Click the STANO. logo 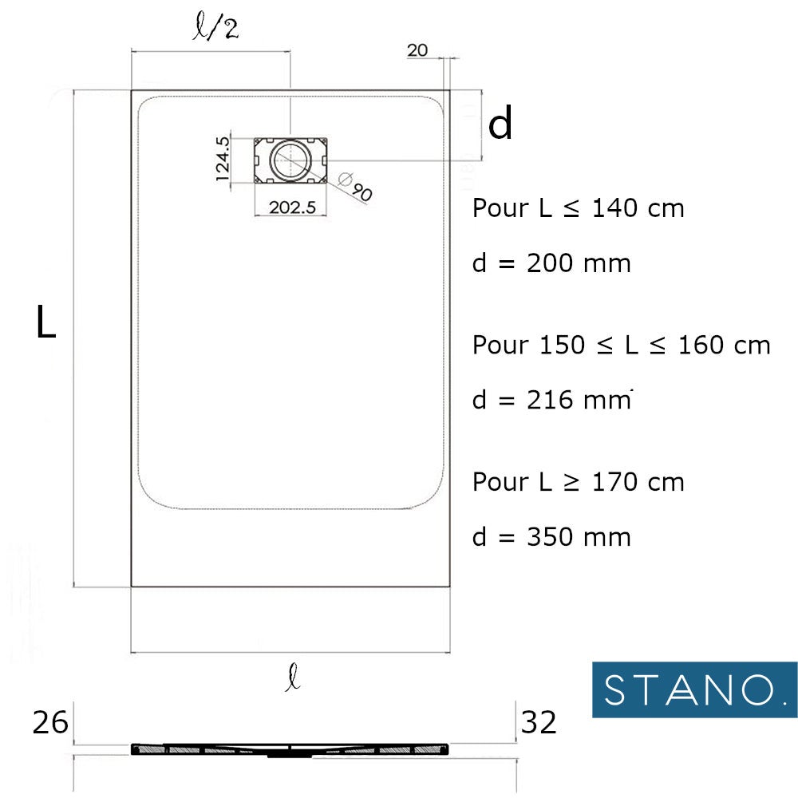(693, 689)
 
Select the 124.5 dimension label (223, 160)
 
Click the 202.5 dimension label (293, 207)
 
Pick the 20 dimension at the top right (417, 50)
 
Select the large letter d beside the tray (500, 124)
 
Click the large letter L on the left (46, 322)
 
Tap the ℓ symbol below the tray (294, 680)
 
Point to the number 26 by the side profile (49, 723)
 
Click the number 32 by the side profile (539, 723)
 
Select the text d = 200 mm (551, 263)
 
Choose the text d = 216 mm (551, 400)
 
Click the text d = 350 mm (551, 536)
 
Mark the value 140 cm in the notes (638, 209)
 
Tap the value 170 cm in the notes (638, 482)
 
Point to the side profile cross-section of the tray (290, 749)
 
